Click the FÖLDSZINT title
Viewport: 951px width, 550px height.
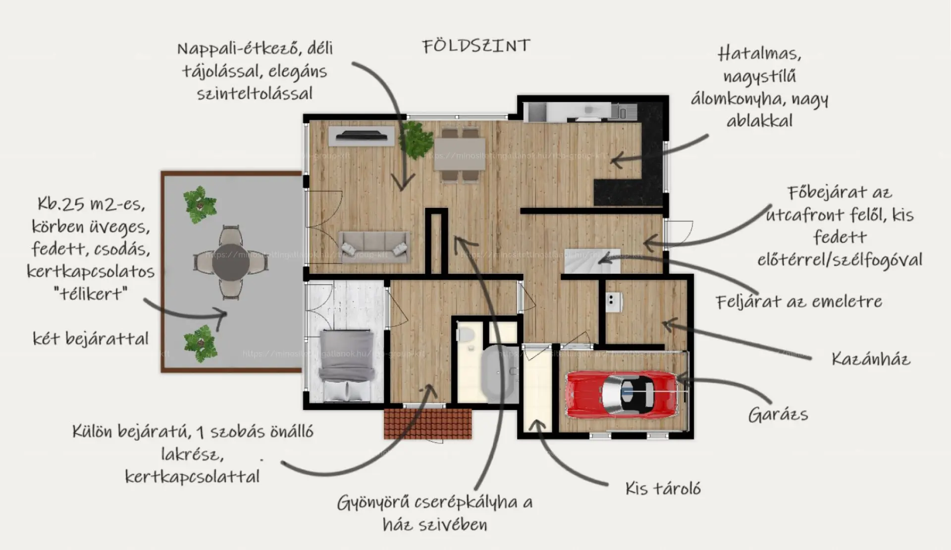[476, 46]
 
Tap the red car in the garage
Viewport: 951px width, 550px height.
[622, 394]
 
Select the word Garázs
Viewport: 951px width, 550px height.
[778, 415]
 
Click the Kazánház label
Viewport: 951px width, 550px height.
[871, 358]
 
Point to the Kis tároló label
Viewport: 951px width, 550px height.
[663, 489]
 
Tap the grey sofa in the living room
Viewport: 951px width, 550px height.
[374, 247]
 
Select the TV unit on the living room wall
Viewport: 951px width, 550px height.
[361, 135]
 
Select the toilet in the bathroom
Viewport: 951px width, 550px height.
[466, 334]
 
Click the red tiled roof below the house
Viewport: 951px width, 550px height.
[427, 423]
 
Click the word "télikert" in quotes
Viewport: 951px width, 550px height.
[90, 294]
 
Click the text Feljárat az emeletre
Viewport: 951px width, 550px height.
[798, 301]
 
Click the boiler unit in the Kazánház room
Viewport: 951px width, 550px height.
[614, 302]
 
